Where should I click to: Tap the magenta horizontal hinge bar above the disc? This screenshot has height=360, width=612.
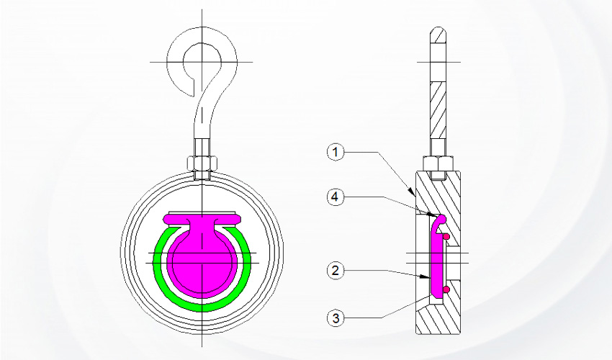(x=202, y=217)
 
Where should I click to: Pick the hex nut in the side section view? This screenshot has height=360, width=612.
(x=438, y=164)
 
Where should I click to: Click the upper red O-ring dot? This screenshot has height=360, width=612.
(x=446, y=235)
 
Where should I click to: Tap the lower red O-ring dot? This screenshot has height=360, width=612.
(x=446, y=289)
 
